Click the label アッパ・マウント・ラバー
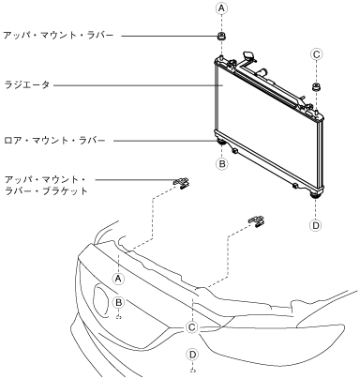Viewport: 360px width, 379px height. pos(58,35)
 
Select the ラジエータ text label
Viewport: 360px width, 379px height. pos(27,84)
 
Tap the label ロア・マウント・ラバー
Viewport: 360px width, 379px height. pos(54,141)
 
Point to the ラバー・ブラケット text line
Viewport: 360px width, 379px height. pos(46,191)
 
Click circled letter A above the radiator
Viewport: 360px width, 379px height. pos(221,8)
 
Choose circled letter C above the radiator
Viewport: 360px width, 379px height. pos(316,54)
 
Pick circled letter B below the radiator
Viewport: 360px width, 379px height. pos(222,163)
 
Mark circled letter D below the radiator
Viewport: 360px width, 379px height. pos(316,225)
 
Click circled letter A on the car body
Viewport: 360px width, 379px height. pos(118,279)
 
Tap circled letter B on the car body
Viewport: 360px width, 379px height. pos(119,302)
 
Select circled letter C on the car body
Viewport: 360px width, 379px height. pos(191,327)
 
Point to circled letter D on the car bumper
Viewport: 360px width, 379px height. pos(192,355)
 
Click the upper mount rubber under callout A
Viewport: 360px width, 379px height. pos(221,36)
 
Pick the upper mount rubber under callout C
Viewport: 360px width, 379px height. pos(316,87)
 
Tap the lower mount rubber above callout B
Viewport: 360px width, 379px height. pos(221,144)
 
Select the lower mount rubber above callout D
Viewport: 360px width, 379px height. pos(316,196)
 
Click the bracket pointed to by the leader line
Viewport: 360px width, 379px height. pos(182,183)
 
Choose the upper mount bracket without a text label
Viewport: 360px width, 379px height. pos(257,221)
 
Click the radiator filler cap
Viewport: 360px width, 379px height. pos(249,56)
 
